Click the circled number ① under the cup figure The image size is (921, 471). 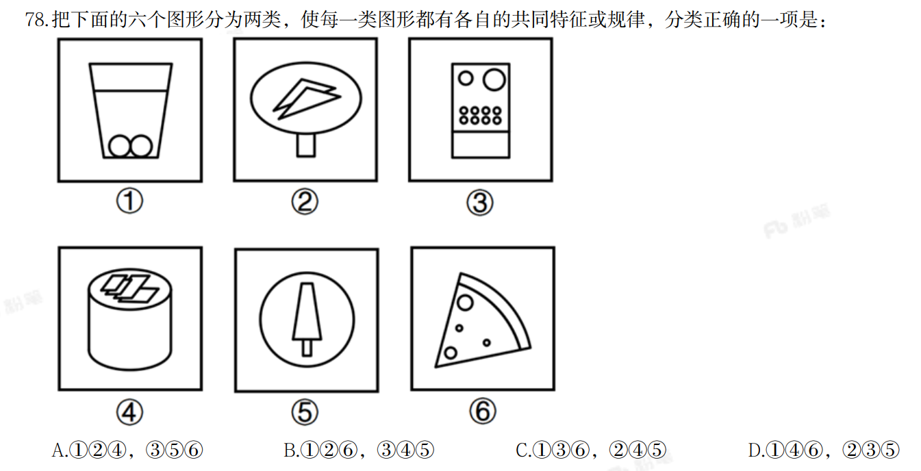click(x=129, y=201)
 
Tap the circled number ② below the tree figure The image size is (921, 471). click(x=305, y=202)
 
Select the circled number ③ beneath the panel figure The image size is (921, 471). click(x=480, y=203)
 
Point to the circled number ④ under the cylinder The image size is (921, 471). click(x=129, y=412)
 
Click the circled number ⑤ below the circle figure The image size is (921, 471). click(x=305, y=412)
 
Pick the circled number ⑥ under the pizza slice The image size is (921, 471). click(x=483, y=411)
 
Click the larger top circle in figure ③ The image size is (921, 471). click(x=494, y=79)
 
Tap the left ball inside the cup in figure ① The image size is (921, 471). click(x=120, y=147)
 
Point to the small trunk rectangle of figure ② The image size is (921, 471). click(x=306, y=145)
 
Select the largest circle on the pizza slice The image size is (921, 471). click(x=465, y=303)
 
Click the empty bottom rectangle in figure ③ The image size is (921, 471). click(x=481, y=144)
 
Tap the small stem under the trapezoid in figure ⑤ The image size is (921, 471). click(x=307, y=348)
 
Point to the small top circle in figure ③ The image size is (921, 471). click(x=466, y=78)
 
